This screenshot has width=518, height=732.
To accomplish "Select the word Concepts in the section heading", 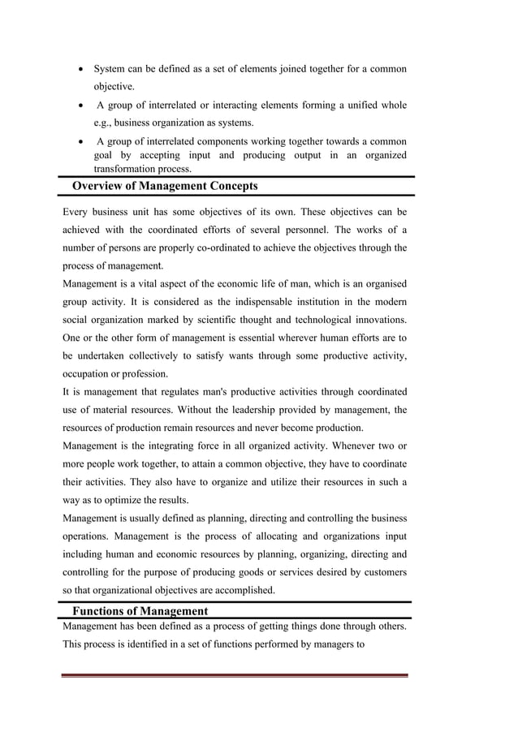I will point(230,186).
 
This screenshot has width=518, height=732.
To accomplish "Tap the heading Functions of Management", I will point(140,611).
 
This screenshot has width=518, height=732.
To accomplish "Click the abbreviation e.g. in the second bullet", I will point(103,123).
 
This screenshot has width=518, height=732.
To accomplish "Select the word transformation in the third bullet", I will point(128,169).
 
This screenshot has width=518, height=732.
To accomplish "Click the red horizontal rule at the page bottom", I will point(235,675).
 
